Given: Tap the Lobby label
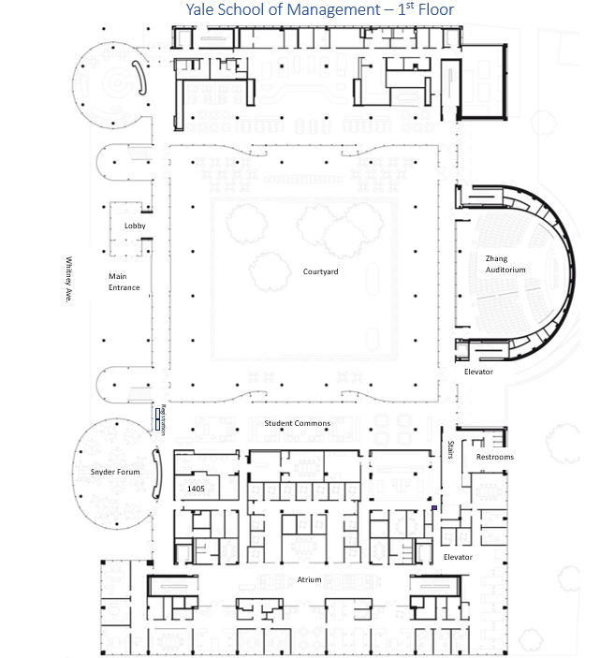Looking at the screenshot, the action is coord(135,226).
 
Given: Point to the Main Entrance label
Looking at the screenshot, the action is coord(124,281).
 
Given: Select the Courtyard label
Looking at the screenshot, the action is coord(320,271).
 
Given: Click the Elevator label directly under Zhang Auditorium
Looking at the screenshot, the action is coord(478,372).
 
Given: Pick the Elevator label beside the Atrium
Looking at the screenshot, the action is coord(458,557).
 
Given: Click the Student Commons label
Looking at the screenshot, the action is coord(297,424).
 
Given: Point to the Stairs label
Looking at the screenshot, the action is coord(450,449).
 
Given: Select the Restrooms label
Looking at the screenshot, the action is coord(494,457).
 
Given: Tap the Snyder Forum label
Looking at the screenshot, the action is coord(115,472).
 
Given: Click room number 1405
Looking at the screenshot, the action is coord(196,489).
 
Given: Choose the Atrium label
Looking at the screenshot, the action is coord(309,579).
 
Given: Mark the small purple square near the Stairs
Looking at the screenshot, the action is coord(434,508).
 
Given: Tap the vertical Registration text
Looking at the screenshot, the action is coord(163,418).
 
